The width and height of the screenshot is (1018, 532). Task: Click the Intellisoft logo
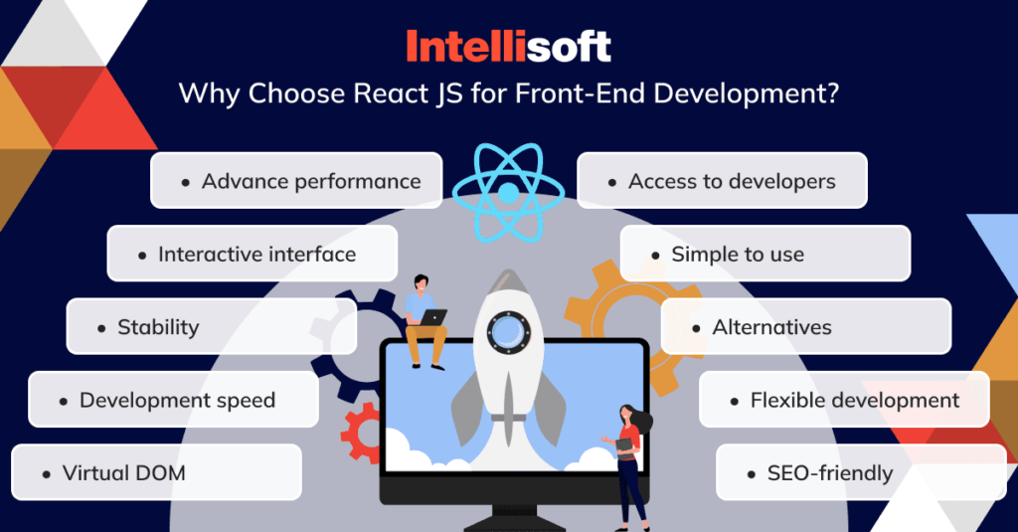pyautogui.click(x=508, y=46)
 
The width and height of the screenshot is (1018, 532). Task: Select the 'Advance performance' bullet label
pyautogui.click(x=311, y=181)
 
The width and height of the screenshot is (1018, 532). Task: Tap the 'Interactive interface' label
pyautogui.click(x=256, y=255)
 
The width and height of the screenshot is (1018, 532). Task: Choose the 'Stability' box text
pyautogui.click(x=158, y=327)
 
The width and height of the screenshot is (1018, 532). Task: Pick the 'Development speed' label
pyautogui.click(x=177, y=401)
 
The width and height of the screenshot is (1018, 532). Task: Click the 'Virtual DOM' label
pyautogui.click(x=123, y=473)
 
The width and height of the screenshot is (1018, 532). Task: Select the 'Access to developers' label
pyautogui.click(x=732, y=181)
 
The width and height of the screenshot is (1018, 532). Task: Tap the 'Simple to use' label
pyautogui.click(x=738, y=255)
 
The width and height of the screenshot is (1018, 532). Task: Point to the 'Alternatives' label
pyautogui.click(x=771, y=327)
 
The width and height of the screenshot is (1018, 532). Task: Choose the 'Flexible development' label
pyautogui.click(x=855, y=401)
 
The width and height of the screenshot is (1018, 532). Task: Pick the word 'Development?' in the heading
pyautogui.click(x=761, y=95)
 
